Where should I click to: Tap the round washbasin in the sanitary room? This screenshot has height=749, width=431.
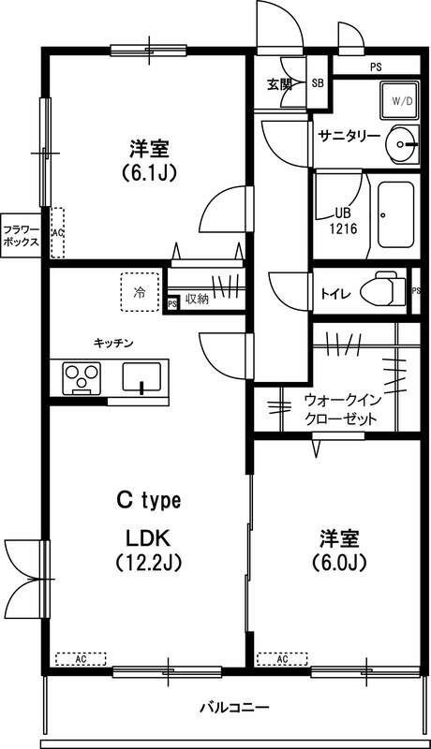tap(404, 142)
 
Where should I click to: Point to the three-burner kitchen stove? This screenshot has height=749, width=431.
tap(82, 377)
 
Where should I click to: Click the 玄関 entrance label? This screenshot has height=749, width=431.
tap(279, 83)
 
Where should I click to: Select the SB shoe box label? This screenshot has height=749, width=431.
tap(317, 83)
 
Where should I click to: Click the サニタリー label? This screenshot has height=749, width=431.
tap(348, 136)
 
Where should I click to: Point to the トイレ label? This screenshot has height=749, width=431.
tap(336, 293)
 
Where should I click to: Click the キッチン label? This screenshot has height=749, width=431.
tap(112, 343)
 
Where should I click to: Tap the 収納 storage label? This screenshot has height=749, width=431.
tap(197, 299)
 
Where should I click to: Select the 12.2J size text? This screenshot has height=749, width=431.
tap(147, 564)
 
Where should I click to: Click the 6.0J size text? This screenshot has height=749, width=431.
tap(339, 563)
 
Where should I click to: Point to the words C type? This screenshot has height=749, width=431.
tap(148, 501)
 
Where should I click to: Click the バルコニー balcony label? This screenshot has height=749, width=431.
tap(234, 706)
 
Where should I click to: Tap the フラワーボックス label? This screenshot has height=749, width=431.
tap(20, 235)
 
